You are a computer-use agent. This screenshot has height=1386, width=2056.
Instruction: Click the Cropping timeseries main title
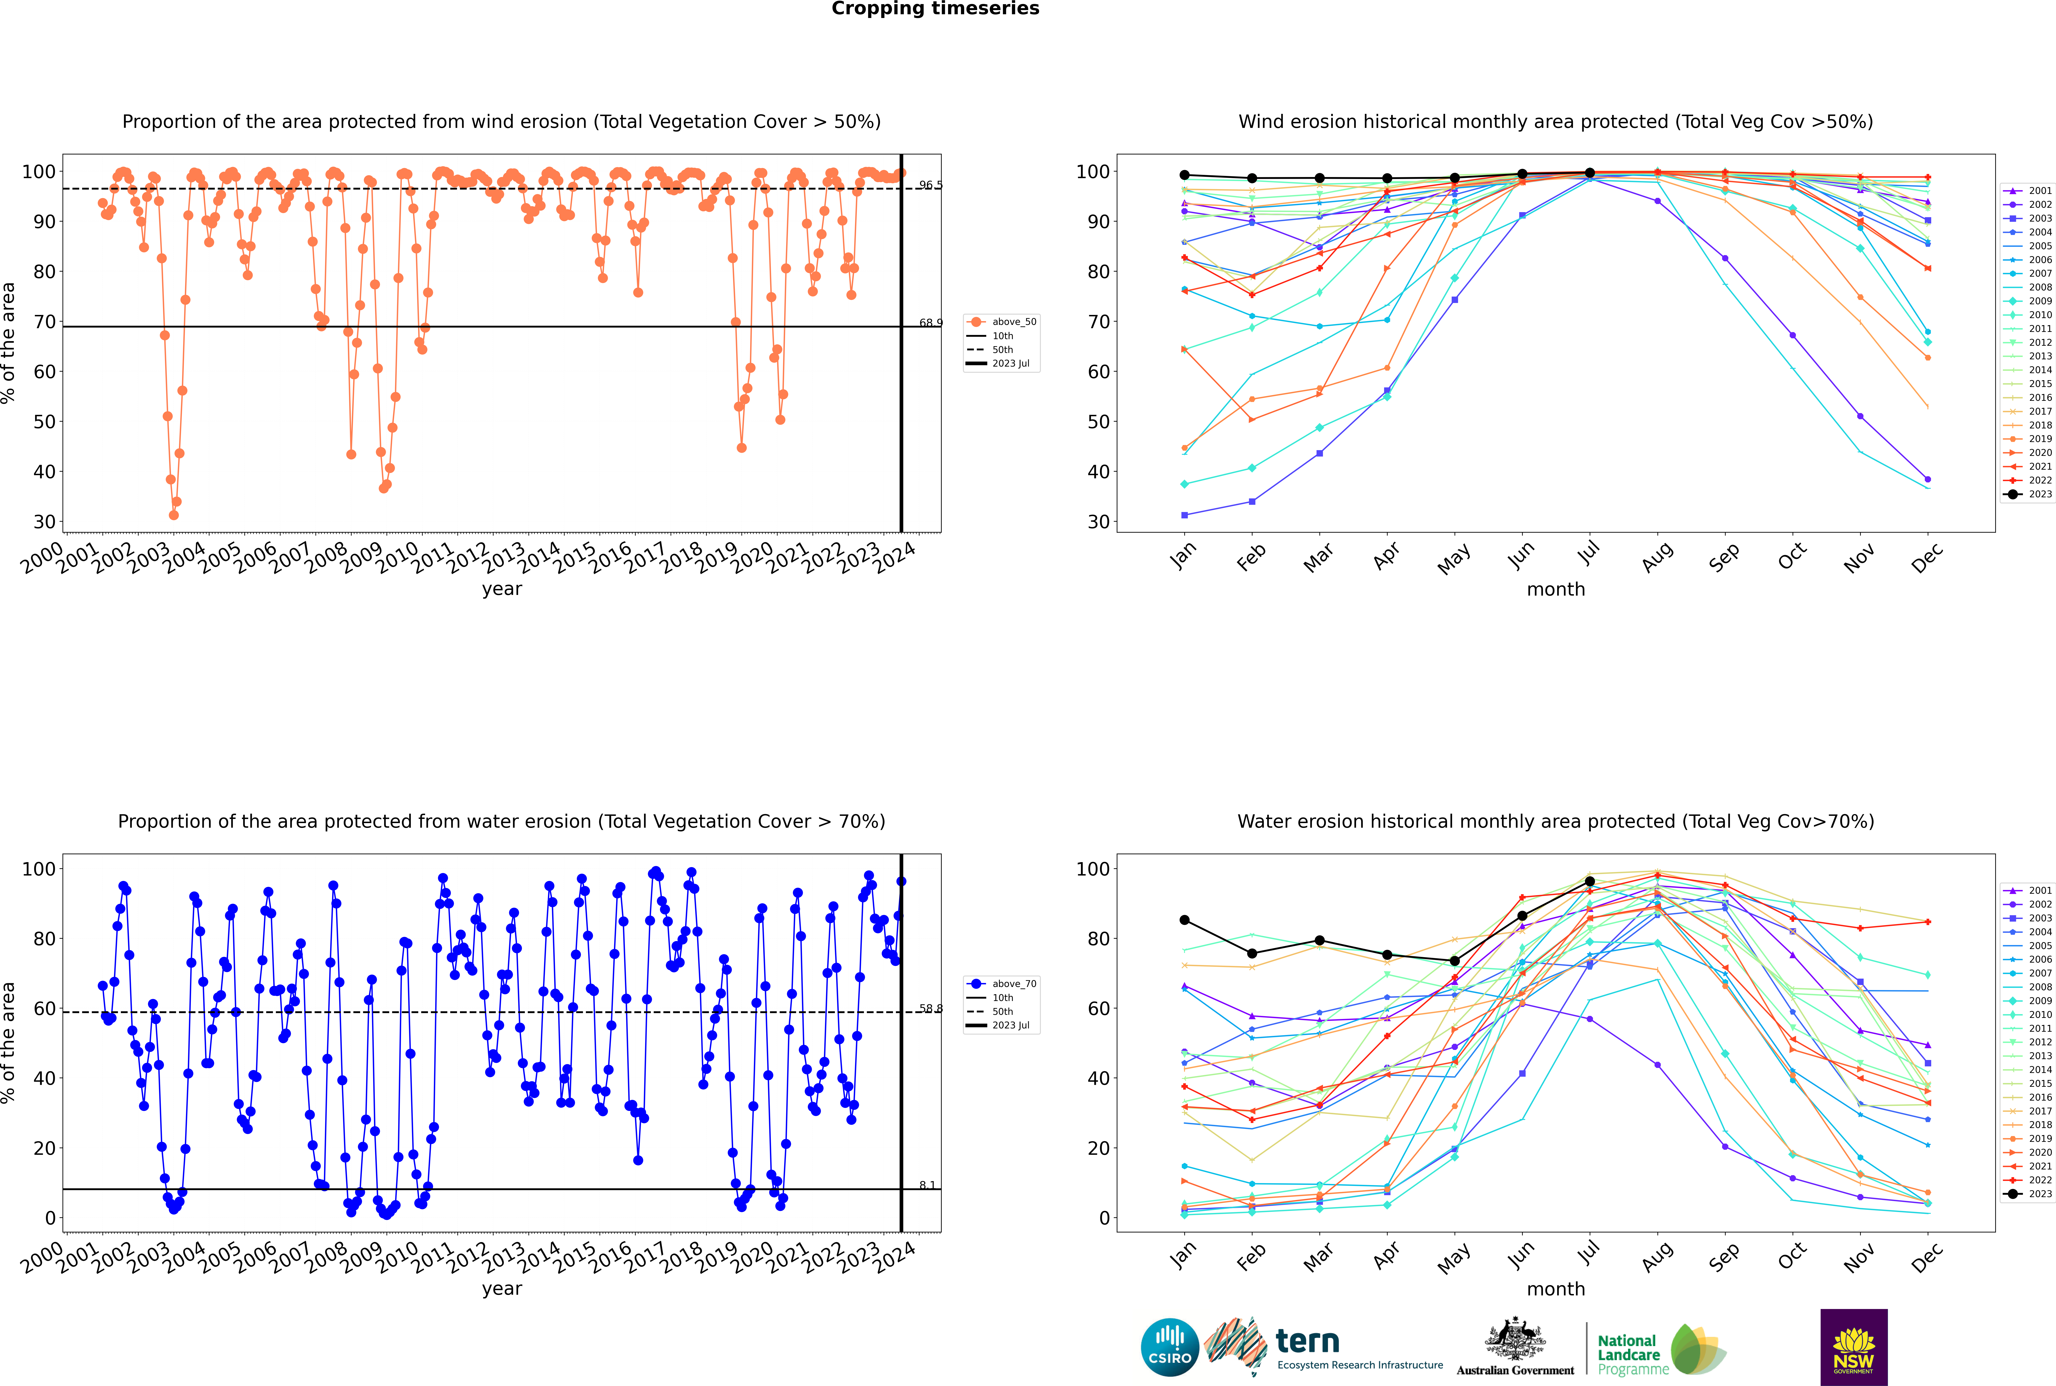(x=935, y=9)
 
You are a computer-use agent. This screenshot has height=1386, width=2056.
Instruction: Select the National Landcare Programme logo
(x=1660, y=1350)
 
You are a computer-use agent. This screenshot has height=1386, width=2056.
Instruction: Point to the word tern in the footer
(x=1307, y=1342)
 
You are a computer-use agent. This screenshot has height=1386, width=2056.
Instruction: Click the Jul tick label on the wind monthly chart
(x=1588, y=553)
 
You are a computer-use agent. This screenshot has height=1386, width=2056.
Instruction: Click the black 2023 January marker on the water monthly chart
(x=1185, y=920)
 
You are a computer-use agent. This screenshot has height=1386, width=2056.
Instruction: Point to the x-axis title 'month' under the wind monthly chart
(x=1556, y=590)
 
